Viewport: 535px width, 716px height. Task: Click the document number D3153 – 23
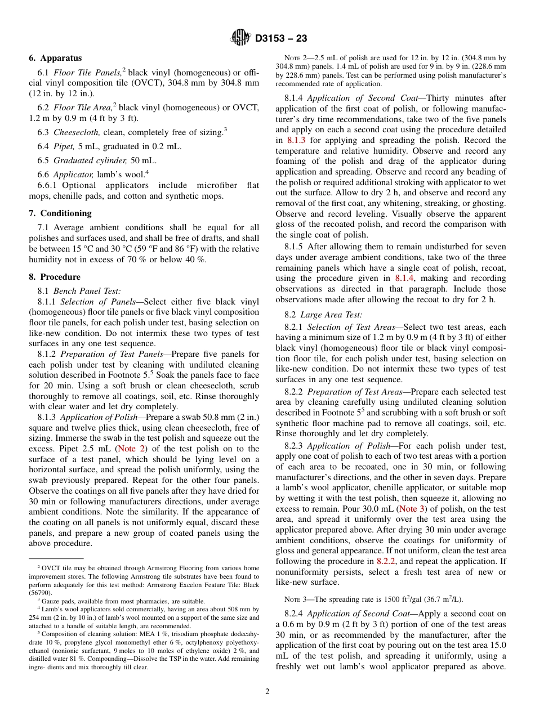(x=281, y=38)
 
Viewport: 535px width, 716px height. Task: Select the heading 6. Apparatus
(x=55, y=58)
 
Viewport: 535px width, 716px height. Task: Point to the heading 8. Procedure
(x=55, y=277)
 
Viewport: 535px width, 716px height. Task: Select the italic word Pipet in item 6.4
(x=64, y=146)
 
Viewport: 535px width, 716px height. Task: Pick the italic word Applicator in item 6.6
(x=73, y=174)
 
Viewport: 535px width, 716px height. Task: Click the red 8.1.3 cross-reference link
(x=296, y=140)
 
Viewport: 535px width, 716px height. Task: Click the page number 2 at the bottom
(x=267, y=692)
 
